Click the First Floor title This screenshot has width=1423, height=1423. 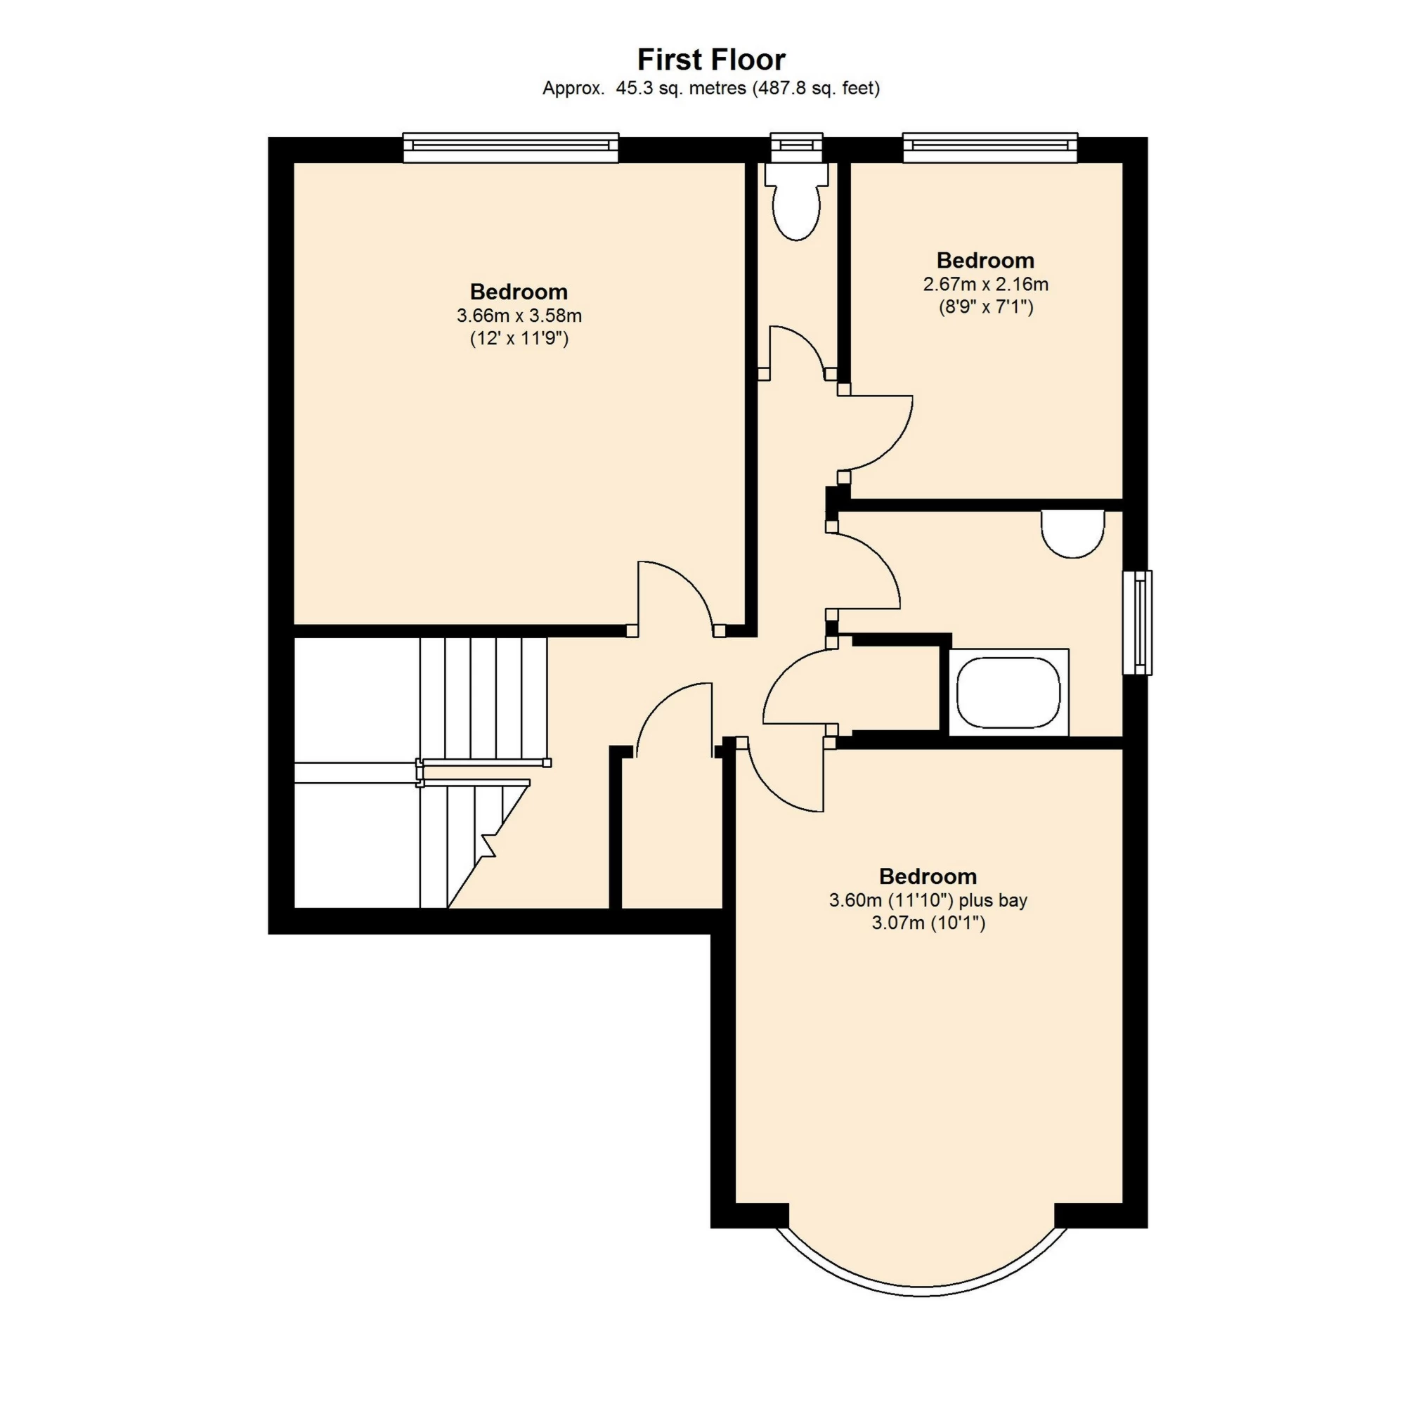pyautogui.click(x=710, y=59)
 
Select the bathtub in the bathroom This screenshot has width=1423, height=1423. pyautogui.click(x=1008, y=692)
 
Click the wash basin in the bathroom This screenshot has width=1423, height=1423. pyautogui.click(x=1073, y=534)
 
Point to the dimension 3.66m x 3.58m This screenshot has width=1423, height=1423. pyautogui.click(x=519, y=316)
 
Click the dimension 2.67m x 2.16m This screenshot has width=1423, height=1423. pyautogui.click(x=985, y=285)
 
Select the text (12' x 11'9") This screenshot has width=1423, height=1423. pyautogui.click(x=519, y=339)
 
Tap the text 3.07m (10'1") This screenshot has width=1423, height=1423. pyautogui.click(x=928, y=923)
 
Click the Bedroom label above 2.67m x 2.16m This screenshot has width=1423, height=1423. pyautogui.click(x=985, y=260)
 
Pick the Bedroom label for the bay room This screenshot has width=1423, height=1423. pyautogui.click(x=928, y=876)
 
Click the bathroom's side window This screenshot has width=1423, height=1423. pyautogui.click(x=1137, y=623)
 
